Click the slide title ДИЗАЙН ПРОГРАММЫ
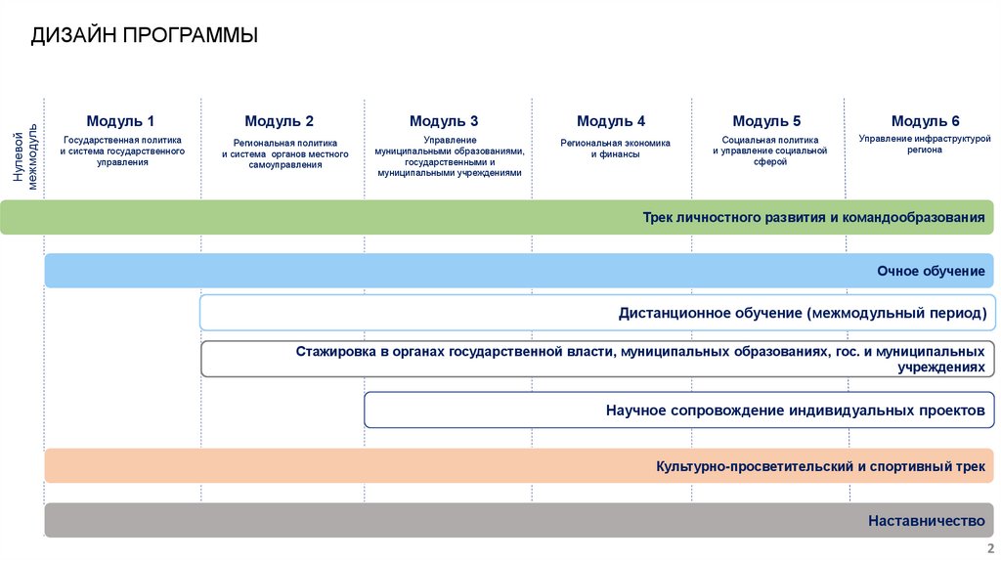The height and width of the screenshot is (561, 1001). tap(144, 36)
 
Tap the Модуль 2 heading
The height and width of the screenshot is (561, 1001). tap(280, 121)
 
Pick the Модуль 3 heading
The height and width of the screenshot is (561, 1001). tap(444, 121)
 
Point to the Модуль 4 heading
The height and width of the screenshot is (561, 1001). tap(611, 121)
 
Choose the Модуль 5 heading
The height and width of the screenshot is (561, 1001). tap(766, 121)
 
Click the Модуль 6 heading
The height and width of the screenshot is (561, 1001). tap(926, 121)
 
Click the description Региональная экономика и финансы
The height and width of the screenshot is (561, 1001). tap(615, 148)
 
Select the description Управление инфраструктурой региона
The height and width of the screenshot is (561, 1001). tap(917, 145)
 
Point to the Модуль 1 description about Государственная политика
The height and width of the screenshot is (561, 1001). tap(123, 151)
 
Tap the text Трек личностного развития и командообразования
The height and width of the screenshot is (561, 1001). tap(813, 217)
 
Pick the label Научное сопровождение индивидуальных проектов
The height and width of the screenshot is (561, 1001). tap(795, 410)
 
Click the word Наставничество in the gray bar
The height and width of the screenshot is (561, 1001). tap(926, 521)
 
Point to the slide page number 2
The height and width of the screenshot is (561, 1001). tap(990, 548)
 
